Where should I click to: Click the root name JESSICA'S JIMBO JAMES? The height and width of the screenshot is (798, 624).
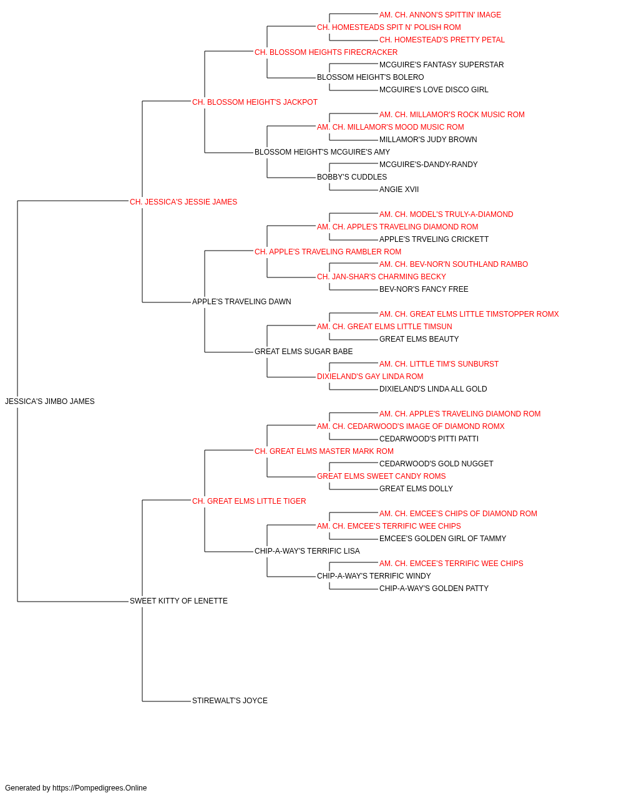[x=50, y=401]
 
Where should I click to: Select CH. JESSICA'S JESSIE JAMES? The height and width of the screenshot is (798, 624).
[x=183, y=202]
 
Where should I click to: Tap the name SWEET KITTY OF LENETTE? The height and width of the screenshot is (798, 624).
[x=178, y=601]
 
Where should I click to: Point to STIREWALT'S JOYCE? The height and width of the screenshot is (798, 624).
[x=230, y=701]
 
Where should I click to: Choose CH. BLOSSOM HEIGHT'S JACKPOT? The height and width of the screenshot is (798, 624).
[x=255, y=102]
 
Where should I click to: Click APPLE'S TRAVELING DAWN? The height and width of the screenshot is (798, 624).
[x=241, y=302]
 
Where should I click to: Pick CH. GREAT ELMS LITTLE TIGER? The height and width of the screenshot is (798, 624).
[x=249, y=501]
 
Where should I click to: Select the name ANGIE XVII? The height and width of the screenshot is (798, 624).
[x=399, y=190]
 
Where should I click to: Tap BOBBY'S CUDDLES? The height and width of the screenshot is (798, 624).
[x=352, y=177]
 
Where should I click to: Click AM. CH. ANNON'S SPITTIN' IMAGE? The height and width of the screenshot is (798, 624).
[x=440, y=15]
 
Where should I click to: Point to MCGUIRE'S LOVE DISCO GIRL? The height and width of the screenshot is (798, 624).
[x=434, y=90]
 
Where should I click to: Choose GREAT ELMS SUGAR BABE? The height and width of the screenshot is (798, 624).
[x=303, y=352]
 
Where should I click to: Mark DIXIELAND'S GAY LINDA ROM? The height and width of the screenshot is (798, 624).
[x=370, y=377]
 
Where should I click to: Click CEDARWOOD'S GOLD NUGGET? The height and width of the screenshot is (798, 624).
[x=436, y=464]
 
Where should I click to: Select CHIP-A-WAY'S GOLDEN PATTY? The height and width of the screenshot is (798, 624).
[x=434, y=589]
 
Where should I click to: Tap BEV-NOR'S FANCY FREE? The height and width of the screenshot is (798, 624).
[x=424, y=289]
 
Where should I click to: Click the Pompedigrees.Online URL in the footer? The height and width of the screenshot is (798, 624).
[x=100, y=788]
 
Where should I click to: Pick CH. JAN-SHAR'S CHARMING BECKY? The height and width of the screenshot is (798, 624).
[x=381, y=277]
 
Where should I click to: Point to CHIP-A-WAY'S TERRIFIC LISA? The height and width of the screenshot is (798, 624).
[x=307, y=551]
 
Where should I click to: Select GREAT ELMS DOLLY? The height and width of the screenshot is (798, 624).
[x=416, y=489]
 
